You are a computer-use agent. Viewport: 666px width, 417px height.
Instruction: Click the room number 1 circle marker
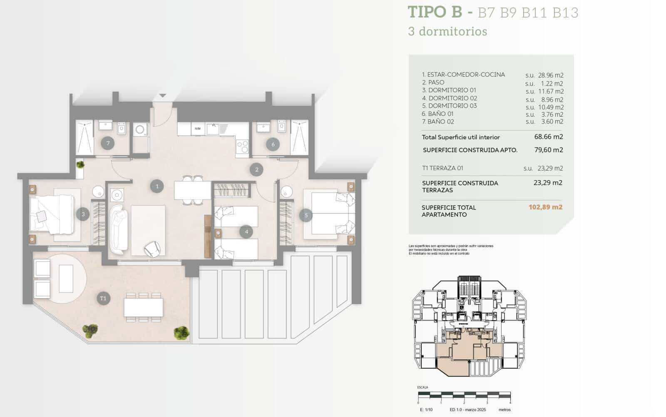(x=157, y=186)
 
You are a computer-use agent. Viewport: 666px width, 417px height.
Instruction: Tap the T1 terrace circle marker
(x=103, y=298)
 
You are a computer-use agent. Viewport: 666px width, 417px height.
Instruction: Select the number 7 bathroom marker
(x=108, y=143)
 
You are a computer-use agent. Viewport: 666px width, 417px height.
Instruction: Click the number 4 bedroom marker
(x=246, y=232)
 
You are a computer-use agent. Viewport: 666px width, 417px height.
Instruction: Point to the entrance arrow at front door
(x=163, y=96)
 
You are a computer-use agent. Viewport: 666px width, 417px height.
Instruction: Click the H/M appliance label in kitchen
(x=197, y=128)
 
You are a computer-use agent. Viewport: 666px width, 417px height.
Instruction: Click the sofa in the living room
(x=118, y=229)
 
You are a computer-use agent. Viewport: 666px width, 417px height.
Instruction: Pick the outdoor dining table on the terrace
(x=143, y=308)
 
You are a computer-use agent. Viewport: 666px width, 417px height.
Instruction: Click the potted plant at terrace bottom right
(x=181, y=332)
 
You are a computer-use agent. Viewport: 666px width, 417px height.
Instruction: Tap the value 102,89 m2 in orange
(x=545, y=207)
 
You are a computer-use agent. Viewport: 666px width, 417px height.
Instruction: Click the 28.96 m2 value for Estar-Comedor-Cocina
(x=550, y=75)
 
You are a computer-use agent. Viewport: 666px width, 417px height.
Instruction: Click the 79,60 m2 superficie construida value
(x=548, y=150)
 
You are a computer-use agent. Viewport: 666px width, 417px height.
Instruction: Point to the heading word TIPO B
(x=435, y=12)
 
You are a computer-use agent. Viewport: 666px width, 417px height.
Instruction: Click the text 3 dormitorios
(x=447, y=32)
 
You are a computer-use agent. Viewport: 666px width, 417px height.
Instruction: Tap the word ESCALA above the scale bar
(x=422, y=387)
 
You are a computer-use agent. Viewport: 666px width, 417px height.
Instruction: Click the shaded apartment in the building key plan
(x=458, y=354)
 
